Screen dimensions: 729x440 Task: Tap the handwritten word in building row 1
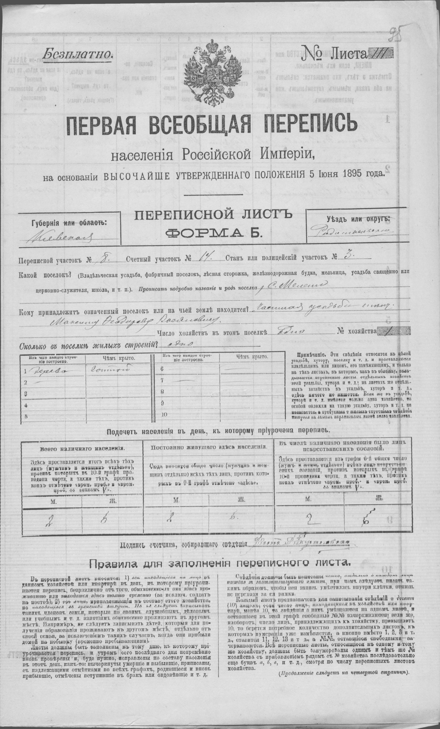[x=44, y=370]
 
